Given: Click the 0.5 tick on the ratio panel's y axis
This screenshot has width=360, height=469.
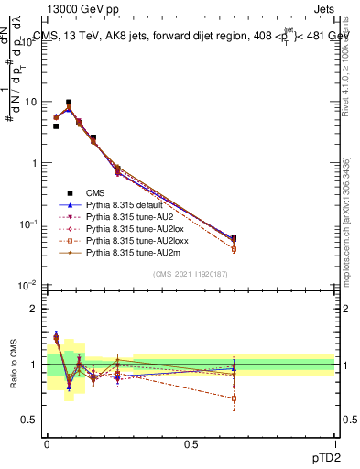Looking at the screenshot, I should tap(30, 420).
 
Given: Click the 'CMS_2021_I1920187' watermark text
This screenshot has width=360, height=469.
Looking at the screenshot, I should tap(191, 275).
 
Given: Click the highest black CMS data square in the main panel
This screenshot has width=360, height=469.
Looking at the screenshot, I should tap(69, 103).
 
